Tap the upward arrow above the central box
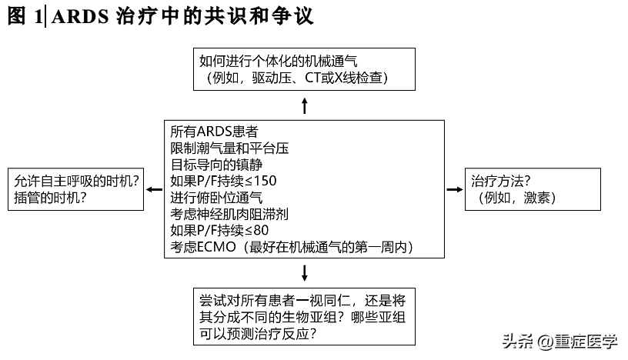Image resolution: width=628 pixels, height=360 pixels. coord(305,105)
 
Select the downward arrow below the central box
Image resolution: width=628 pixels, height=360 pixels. coord(305,272)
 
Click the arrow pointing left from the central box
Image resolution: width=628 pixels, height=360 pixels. coord(154,188)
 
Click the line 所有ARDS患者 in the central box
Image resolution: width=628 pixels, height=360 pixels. coord(213,132)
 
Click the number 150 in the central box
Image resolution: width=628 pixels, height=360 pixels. coord(265,182)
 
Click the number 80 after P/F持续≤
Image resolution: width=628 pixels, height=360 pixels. coord(260,231)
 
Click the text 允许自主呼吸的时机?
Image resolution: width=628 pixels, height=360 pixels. coord(77,181)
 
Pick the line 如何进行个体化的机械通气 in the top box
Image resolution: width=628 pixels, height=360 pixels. coord(279,60)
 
